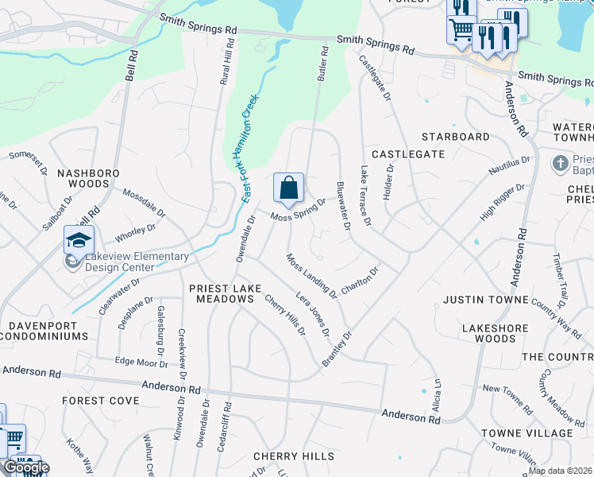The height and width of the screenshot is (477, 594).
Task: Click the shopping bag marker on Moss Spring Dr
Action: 289,188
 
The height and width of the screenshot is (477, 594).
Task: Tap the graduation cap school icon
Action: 79,240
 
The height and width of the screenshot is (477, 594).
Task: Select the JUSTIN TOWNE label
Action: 485,300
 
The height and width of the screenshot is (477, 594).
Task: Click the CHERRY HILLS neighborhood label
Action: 288,456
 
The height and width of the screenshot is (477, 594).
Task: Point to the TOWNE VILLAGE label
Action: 526,432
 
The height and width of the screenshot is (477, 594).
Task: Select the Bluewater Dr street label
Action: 343,205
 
